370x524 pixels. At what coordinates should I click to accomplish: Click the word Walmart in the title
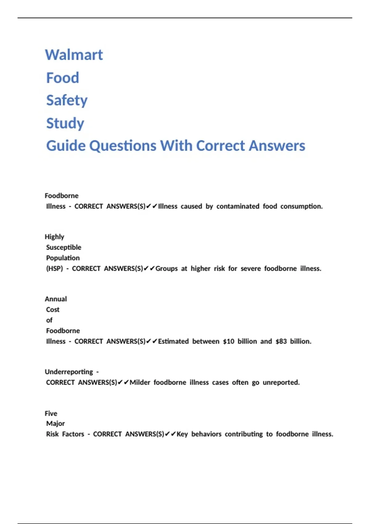click(74, 55)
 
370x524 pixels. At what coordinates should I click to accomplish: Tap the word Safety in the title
click(67, 100)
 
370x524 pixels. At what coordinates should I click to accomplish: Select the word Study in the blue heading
click(65, 123)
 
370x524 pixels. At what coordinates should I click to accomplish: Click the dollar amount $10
click(228, 342)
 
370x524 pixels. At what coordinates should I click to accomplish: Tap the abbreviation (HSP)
click(54, 269)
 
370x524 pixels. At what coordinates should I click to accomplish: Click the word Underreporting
click(69, 372)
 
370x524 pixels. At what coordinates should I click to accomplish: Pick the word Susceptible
click(64, 248)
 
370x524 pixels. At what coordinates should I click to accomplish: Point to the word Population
click(63, 258)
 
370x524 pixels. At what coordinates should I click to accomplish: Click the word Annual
click(56, 299)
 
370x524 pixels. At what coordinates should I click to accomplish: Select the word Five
click(51, 413)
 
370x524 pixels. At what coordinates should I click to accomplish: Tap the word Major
click(55, 424)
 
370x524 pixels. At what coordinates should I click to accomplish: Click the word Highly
click(55, 237)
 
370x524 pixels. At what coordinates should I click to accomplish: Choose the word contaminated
click(238, 207)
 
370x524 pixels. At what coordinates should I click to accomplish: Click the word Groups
click(166, 269)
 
